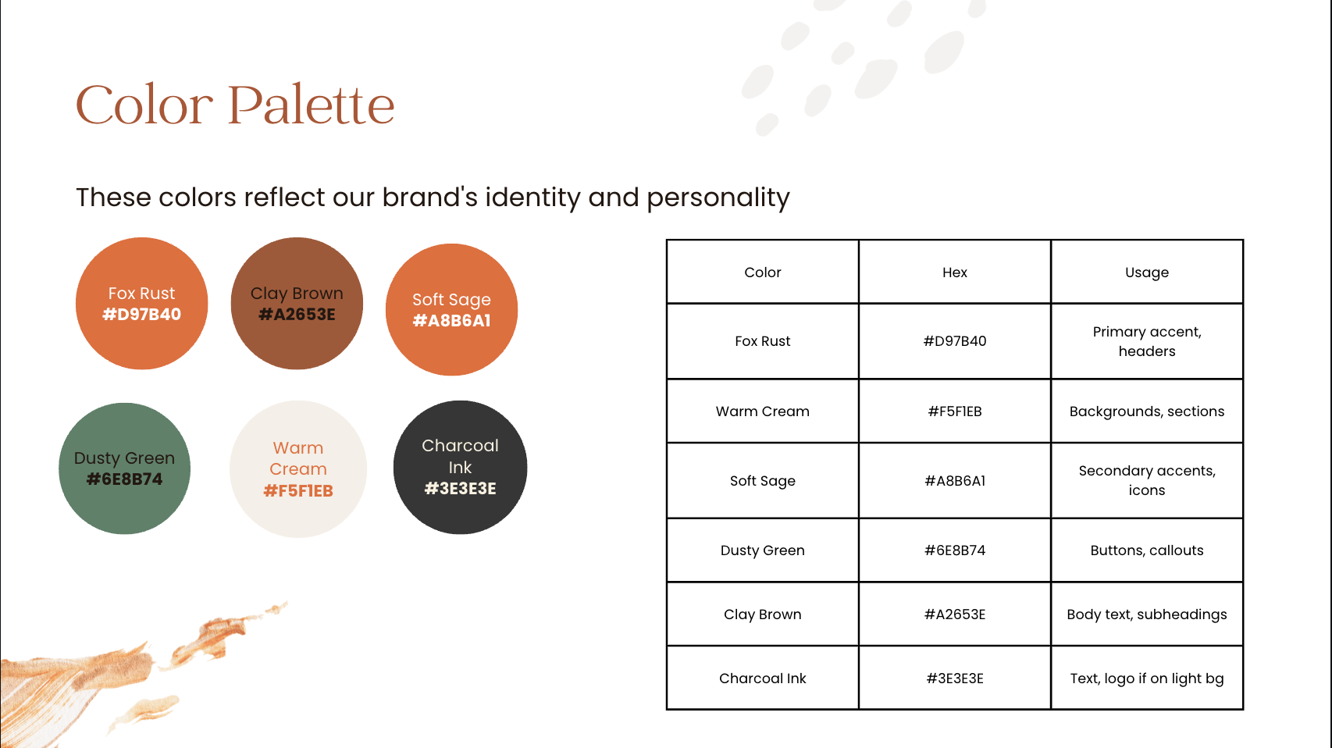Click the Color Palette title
[235, 105]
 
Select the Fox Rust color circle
[141, 304]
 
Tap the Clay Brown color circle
[297, 304]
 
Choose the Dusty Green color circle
[124, 468]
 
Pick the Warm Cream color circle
[298, 469]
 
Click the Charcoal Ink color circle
[460, 468]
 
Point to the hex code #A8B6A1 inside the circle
[451, 321]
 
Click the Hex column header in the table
[954, 272]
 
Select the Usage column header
[1146, 272]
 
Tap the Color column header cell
[762, 272]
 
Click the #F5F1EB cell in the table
[954, 411]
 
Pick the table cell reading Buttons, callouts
[1146, 550]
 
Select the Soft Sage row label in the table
[762, 481]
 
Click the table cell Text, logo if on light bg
[1146, 679]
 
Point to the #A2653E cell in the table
[954, 614]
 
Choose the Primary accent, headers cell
[1146, 341]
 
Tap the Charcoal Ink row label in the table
[762, 679]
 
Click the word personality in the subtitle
[718, 198]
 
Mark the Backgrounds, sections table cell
[1146, 411]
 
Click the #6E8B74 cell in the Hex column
[954, 550]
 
